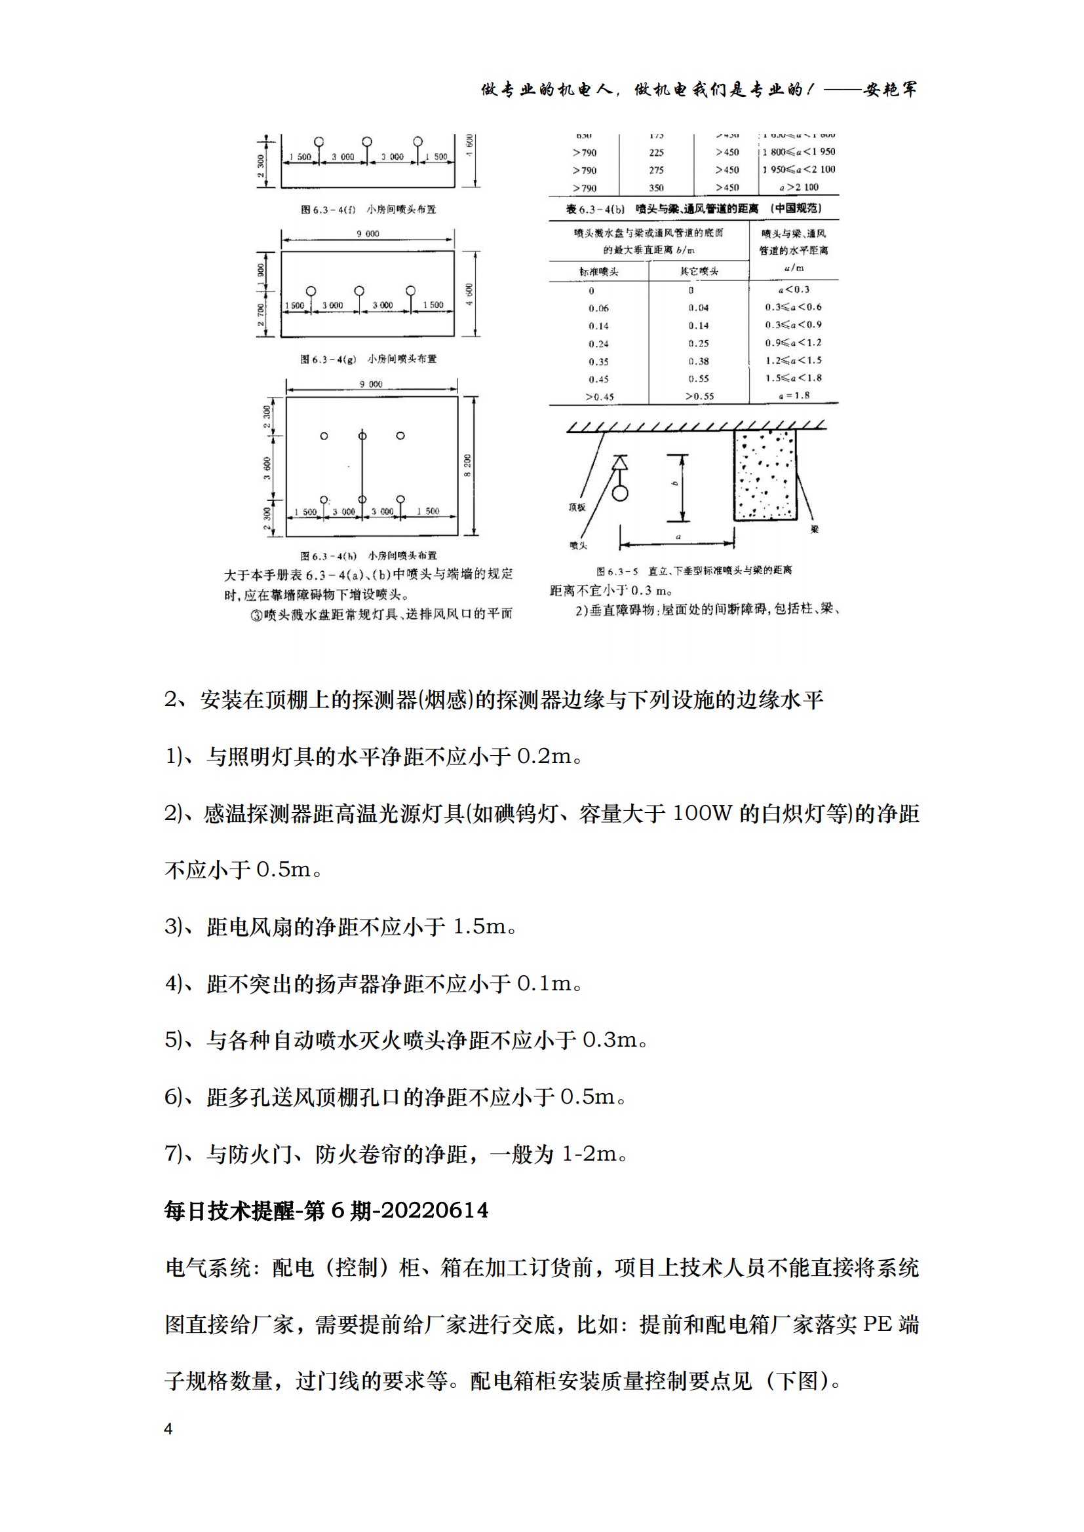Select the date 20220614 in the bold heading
coord(435,1210)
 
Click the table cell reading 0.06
coord(598,308)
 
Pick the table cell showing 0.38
coord(698,361)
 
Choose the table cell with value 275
coord(656,170)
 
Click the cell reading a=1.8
coord(794,395)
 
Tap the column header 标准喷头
coord(599,272)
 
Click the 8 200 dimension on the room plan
coord(467,465)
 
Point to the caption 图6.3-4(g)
coord(328,359)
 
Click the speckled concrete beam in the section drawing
coord(765,474)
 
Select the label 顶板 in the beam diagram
coord(577,507)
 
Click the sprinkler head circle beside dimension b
coord(620,494)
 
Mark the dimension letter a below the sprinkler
coord(678,536)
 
